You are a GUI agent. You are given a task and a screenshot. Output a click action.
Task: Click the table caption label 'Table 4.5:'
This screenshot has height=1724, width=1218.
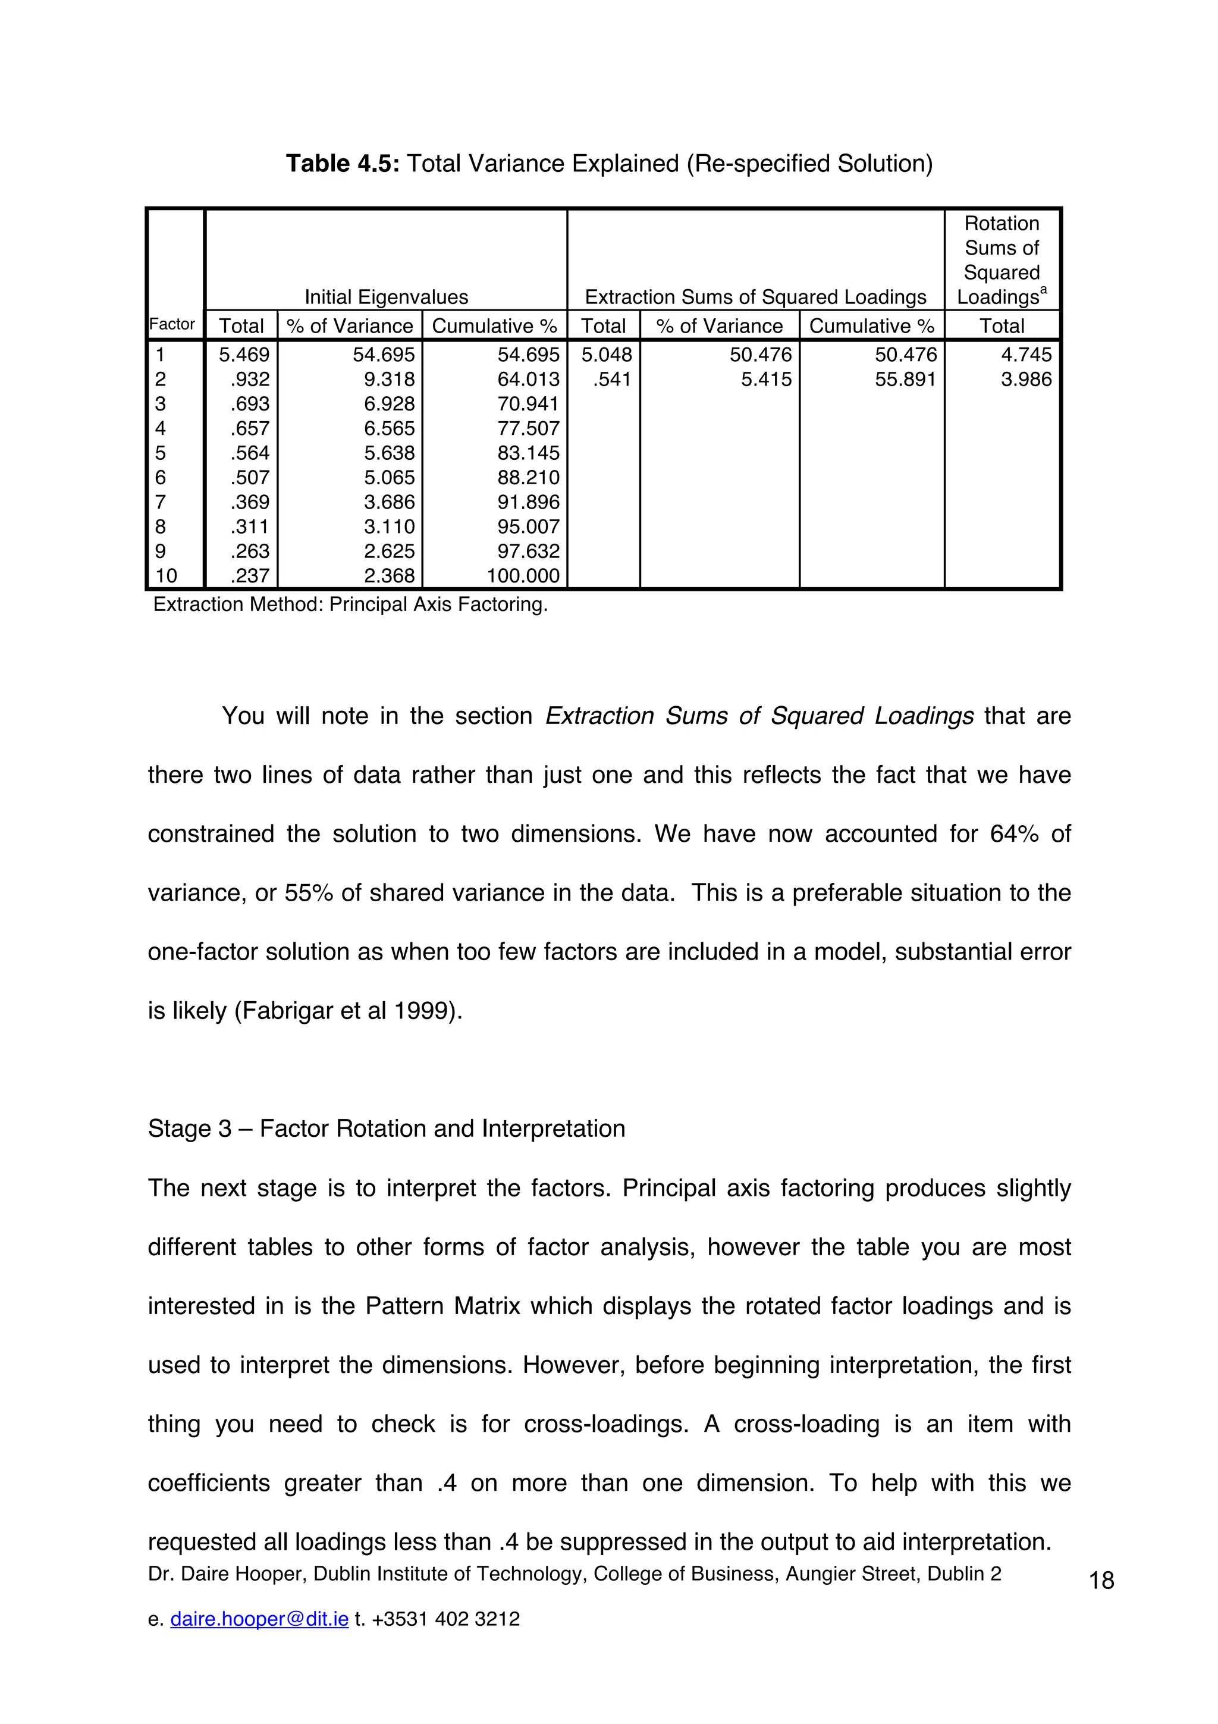344,163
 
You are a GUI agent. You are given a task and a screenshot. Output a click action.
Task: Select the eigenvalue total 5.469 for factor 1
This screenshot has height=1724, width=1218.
244,355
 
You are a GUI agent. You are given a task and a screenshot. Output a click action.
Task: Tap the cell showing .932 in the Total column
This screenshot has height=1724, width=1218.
250,379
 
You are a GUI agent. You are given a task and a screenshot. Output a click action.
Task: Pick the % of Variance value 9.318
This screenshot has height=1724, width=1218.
389,379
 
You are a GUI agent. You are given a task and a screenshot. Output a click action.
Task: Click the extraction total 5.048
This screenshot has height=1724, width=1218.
607,355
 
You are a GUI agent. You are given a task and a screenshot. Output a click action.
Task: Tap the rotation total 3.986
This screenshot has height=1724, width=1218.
1026,379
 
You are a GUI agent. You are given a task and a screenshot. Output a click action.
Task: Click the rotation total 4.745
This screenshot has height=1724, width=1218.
1026,355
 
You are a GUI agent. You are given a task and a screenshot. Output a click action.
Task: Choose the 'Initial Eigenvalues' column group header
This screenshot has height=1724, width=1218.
386,297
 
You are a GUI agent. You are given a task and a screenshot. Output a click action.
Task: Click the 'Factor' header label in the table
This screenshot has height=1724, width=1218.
172,324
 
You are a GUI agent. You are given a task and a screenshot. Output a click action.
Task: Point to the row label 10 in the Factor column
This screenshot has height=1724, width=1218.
166,576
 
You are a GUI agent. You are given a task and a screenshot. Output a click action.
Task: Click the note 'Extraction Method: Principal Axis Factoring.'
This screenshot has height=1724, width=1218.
350,604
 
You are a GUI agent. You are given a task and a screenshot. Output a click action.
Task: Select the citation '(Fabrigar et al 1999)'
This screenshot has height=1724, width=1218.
349,1011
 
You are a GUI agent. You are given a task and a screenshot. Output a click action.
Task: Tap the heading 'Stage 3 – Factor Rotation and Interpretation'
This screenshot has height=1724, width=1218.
386,1129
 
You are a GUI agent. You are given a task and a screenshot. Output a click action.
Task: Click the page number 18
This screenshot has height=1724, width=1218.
1101,1581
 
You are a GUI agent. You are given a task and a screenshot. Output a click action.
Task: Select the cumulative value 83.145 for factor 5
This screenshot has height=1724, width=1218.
528,453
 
